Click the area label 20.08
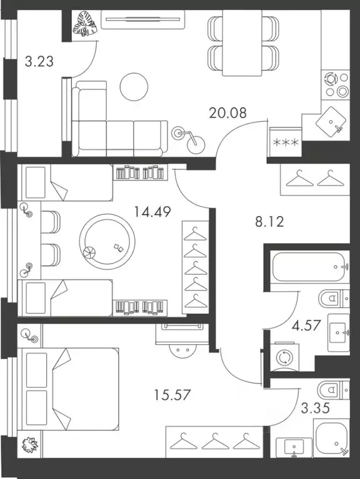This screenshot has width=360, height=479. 229,113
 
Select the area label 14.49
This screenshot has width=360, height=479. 152,212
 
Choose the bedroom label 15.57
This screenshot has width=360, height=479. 171,395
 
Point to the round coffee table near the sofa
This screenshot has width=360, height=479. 134,86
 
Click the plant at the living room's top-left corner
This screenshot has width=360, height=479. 82,26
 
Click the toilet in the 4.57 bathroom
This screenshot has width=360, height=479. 329,299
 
